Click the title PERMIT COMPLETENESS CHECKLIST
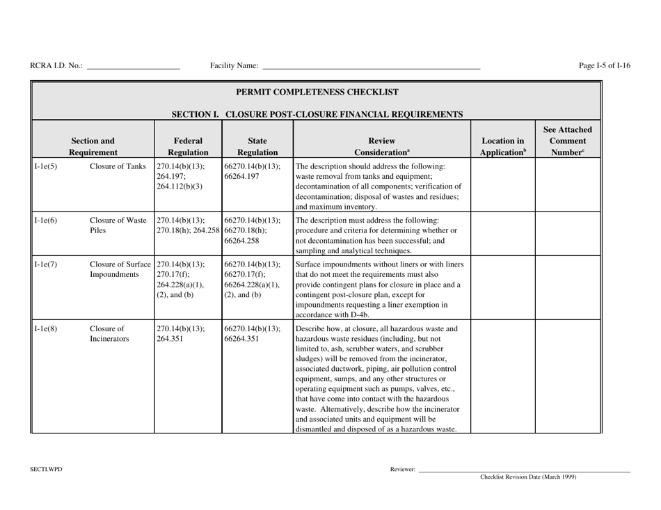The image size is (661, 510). pos(317,91)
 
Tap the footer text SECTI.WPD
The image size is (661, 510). pos(45,470)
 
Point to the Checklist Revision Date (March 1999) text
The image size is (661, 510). pos(528,477)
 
